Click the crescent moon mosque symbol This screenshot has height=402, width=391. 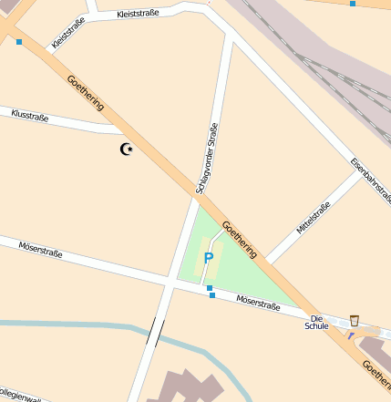click(x=127, y=149)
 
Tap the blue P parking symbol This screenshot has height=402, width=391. click(x=208, y=259)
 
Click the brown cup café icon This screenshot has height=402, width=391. click(x=354, y=320)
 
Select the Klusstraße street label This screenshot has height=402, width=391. click(x=29, y=116)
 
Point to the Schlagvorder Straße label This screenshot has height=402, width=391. click(x=207, y=158)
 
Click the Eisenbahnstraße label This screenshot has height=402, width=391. click(x=370, y=180)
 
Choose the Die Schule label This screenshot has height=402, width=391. click(x=316, y=321)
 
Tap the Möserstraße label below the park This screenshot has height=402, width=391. click(x=258, y=303)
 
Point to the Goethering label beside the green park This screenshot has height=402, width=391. click(x=240, y=239)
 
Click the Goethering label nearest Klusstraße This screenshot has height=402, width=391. click(x=86, y=93)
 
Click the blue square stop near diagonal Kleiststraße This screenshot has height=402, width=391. click(x=18, y=42)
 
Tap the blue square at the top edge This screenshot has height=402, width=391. click(x=352, y=4)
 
